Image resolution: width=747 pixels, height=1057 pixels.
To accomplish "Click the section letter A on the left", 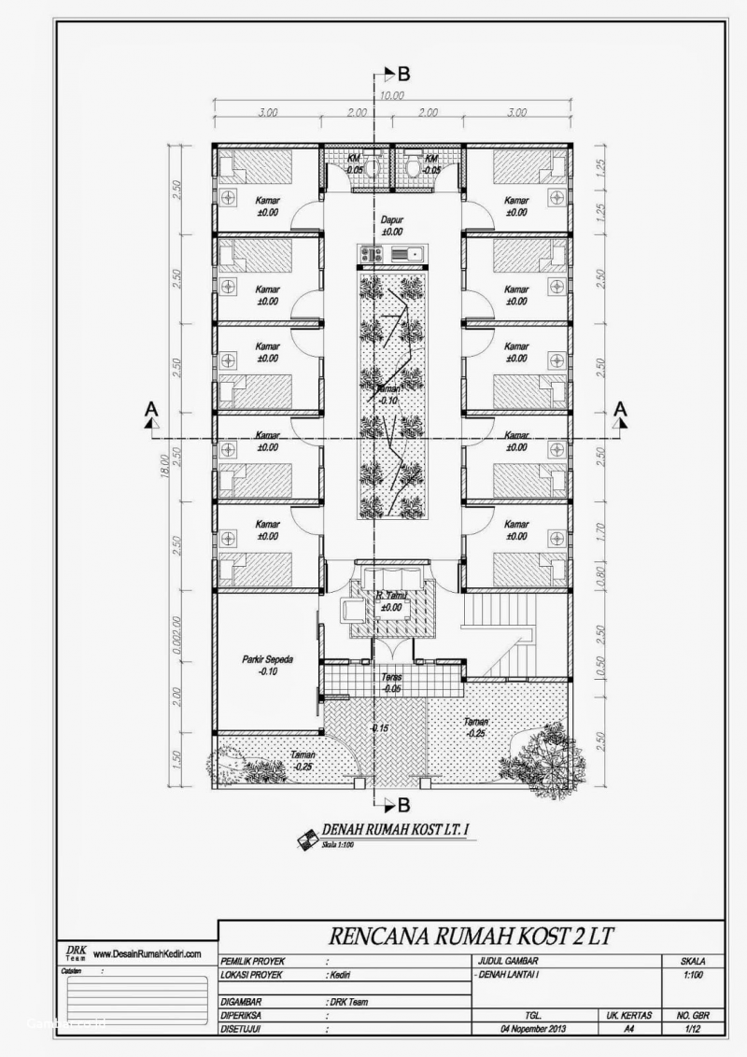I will [150, 409].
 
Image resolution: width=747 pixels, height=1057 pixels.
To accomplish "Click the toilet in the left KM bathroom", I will [372, 168].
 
